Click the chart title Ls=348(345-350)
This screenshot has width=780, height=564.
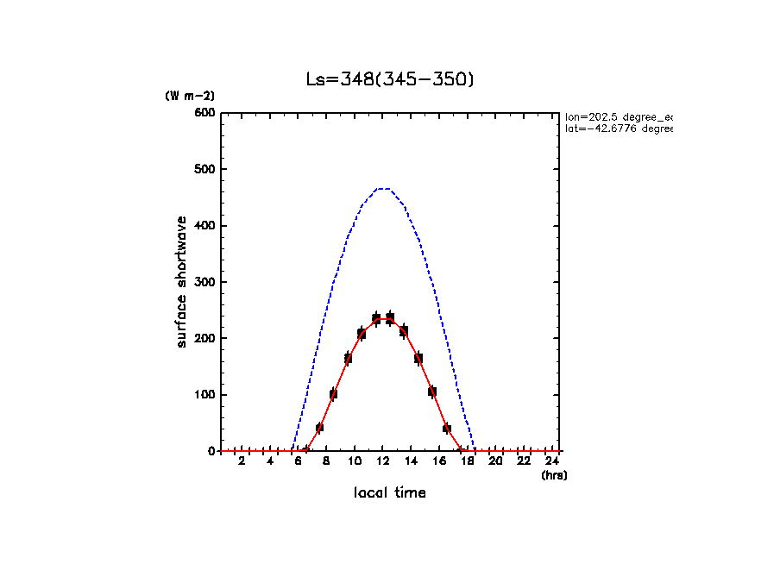(x=390, y=79)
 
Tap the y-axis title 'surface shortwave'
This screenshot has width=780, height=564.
(x=182, y=281)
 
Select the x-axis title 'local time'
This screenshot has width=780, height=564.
(x=390, y=493)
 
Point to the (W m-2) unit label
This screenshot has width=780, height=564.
(x=190, y=97)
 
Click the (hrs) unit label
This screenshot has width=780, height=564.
(x=554, y=475)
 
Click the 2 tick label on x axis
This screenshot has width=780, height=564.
(x=242, y=462)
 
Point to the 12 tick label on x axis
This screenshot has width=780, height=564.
(x=382, y=462)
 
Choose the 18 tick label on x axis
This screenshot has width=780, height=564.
(x=467, y=462)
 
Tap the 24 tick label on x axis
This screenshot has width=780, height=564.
(x=551, y=462)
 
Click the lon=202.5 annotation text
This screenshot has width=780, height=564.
(x=618, y=116)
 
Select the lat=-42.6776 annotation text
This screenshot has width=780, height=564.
(x=618, y=128)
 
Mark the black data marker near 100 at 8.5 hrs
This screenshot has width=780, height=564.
(x=333, y=394)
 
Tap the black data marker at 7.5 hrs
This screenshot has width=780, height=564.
(x=319, y=428)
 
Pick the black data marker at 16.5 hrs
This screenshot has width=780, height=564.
(x=446, y=428)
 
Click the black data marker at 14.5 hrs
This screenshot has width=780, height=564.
(x=418, y=358)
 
